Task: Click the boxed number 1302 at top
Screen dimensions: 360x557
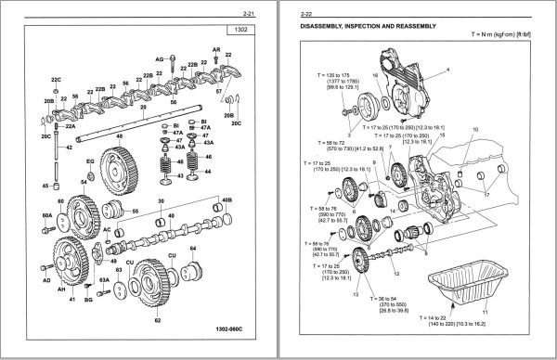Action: (240, 31)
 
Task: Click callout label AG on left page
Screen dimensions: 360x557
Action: (160, 58)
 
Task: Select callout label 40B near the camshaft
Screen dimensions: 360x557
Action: (226, 200)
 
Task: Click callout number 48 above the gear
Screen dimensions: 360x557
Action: (119, 136)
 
